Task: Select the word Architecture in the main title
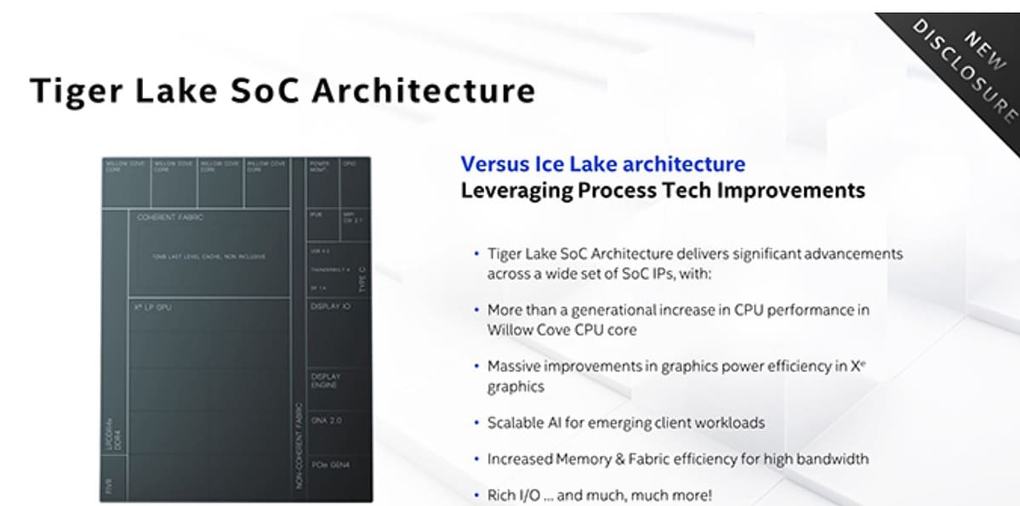[424, 91]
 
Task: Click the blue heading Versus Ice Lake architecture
[602, 164]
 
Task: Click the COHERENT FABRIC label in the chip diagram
[170, 218]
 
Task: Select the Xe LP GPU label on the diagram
[152, 307]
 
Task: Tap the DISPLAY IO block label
[330, 306]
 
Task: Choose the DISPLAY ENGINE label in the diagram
[324, 380]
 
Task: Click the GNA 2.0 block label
[327, 420]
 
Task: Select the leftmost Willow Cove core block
[126, 181]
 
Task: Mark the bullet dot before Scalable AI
[476, 423]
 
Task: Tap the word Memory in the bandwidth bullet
[583, 459]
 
